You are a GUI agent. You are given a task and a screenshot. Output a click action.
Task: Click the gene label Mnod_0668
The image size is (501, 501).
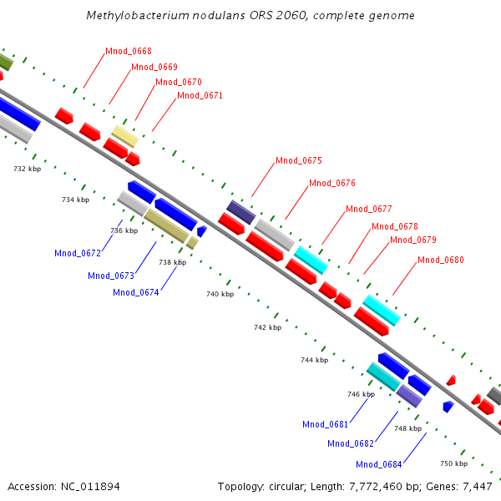point(129,52)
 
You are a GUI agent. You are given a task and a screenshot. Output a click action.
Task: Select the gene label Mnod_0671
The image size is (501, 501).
point(200,96)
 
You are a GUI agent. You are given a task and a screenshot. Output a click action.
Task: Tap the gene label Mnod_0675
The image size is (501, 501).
point(299,160)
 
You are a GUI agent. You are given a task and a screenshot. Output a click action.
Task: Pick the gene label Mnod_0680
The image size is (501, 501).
point(441,260)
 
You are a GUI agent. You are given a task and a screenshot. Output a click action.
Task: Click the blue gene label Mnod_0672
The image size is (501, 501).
point(78,253)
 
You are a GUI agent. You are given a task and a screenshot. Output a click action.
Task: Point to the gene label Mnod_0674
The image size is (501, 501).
point(136,292)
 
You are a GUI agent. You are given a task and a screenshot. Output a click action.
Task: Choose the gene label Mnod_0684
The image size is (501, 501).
point(379,464)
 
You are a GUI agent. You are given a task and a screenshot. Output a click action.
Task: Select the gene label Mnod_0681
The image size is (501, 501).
point(326,424)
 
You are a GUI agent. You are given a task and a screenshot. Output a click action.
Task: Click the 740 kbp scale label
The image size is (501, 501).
point(220,294)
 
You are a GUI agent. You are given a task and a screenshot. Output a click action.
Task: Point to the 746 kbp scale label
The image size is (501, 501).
point(361,394)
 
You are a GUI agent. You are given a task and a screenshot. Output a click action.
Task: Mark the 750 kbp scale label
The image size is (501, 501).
point(453,463)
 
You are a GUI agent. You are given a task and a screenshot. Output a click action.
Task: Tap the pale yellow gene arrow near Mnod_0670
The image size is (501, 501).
point(124,135)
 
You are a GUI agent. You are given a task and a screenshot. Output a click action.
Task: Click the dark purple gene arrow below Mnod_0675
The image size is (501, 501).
point(241,211)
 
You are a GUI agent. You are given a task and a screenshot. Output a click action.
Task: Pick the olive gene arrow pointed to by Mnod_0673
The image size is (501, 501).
point(165,225)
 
